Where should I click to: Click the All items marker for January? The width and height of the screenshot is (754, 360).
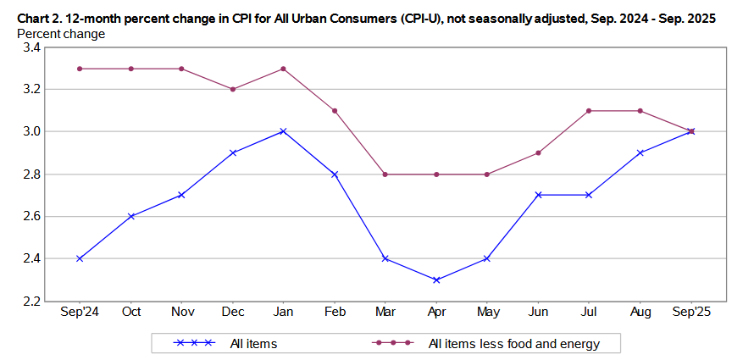click(x=283, y=131)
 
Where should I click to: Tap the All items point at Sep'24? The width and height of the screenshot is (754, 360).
click(x=80, y=258)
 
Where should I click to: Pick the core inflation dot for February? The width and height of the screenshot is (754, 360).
click(x=335, y=110)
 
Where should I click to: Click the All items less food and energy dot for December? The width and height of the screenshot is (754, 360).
click(x=232, y=89)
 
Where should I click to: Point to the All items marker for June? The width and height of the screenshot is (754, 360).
click(x=539, y=195)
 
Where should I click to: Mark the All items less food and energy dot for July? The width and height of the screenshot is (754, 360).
click(x=590, y=110)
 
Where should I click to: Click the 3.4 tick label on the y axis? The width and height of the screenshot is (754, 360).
click(x=31, y=47)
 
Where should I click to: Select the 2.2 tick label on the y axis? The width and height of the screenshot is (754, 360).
click(x=31, y=302)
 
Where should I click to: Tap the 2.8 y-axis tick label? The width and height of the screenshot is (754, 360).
click(x=31, y=174)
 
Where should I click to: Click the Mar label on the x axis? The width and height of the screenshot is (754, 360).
click(x=385, y=313)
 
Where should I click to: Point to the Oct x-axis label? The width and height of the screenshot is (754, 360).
click(x=130, y=313)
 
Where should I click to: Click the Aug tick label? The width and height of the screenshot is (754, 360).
click(x=641, y=313)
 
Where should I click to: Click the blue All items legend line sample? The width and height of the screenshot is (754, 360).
click(x=191, y=343)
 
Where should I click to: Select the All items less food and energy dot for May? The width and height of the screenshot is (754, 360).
click(x=488, y=174)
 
